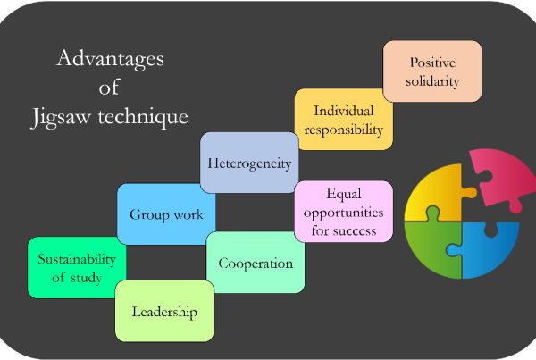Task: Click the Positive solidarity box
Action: (433, 71)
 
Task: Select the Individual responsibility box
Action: (344, 120)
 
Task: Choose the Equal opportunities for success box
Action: (343, 212)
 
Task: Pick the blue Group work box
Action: (166, 214)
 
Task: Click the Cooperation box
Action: (255, 264)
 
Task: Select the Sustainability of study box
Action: (76, 267)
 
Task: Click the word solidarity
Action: (433, 82)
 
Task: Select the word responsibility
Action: (344, 130)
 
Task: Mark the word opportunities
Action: (343, 212)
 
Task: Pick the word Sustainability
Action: (76, 259)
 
